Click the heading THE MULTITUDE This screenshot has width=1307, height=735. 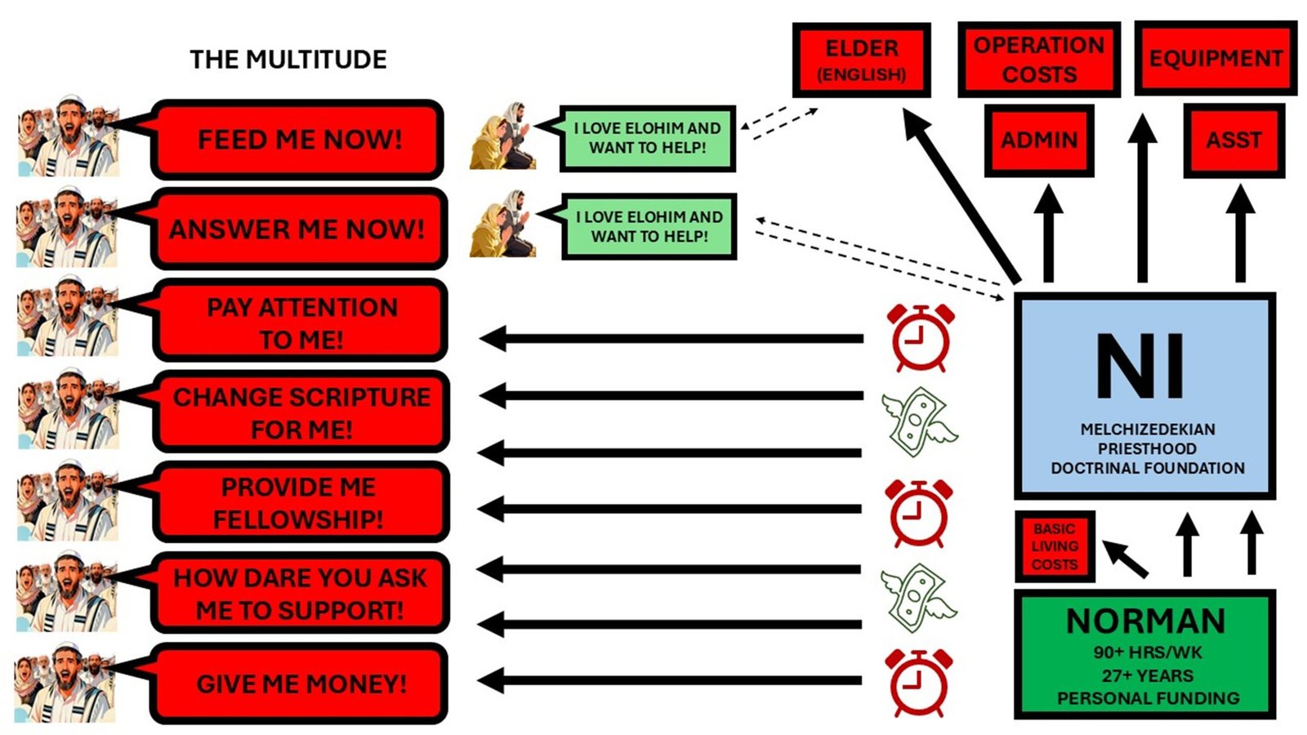[x=288, y=60]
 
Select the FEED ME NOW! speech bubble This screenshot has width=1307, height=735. [x=299, y=140]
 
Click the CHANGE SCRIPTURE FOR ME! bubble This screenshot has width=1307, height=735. [x=301, y=412]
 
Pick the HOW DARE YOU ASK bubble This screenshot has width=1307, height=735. [x=300, y=594]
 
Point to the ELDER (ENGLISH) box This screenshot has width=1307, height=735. [x=861, y=60]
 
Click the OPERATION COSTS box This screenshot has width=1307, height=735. [x=1038, y=60]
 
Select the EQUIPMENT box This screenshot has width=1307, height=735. [x=1215, y=59]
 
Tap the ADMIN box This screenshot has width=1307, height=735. [x=1038, y=140]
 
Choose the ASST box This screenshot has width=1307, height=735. [x=1233, y=140]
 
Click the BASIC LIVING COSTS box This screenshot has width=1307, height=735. [x=1054, y=546]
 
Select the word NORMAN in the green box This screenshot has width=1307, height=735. [x=1145, y=621]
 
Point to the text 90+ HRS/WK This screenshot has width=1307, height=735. [x=1147, y=653]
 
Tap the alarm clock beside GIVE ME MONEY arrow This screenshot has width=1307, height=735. [x=919, y=681]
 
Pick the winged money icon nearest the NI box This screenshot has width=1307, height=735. [x=918, y=421]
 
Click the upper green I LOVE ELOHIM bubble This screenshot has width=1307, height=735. [x=647, y=138]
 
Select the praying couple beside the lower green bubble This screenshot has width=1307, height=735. [x=502, y=225]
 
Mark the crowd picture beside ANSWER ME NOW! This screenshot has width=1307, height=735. [x=67, y=228]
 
